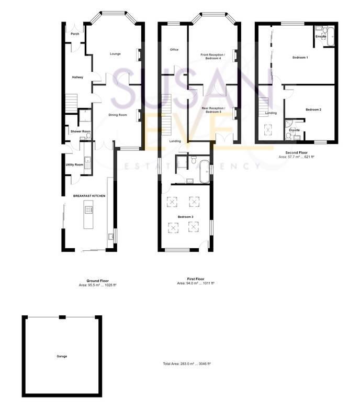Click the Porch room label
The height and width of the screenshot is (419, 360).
[75, 34]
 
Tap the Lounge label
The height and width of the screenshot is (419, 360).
[115, 54]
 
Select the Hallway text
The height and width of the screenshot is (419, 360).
[77, 78]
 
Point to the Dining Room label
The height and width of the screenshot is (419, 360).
[118, 115]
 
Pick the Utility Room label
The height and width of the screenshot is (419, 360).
[74, 165]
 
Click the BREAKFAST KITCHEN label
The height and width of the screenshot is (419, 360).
[89, 196]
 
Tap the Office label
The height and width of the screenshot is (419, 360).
[174, 50]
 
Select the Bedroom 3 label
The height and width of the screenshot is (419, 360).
[186, 217]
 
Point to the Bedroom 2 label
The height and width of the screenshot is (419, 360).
[313, 109]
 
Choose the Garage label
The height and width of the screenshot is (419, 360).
[62, 356]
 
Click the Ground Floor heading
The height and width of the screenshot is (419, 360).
[97, 281]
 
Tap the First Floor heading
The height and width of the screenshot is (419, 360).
[196, 279]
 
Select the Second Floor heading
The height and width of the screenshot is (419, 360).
[296, 152]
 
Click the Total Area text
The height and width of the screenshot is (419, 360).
[187, 363]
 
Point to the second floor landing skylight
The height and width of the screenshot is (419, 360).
[270, 128]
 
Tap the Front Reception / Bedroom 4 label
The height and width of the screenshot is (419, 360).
[213, 57]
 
